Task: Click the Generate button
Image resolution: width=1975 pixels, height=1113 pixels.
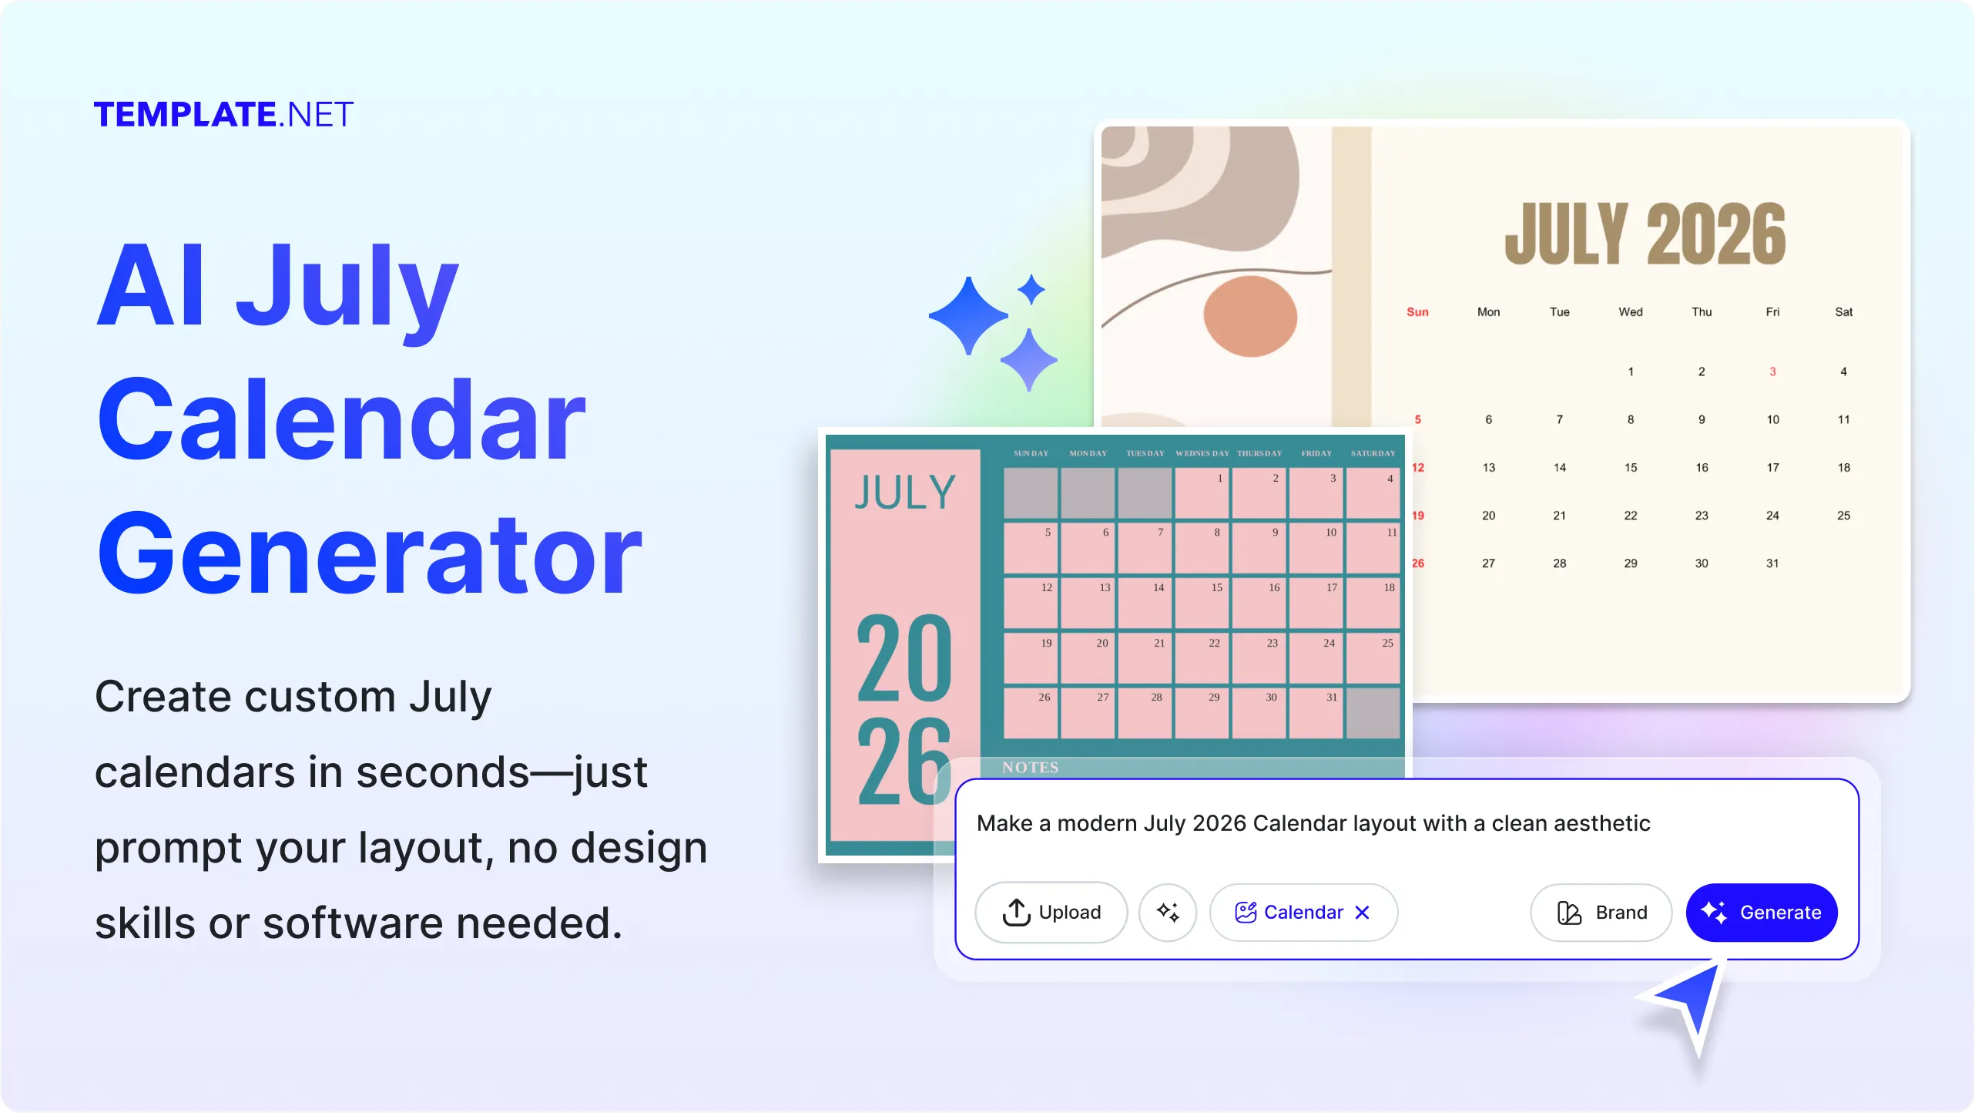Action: coord(1761,912)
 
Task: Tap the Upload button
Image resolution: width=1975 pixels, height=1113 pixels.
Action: coord(1051,912)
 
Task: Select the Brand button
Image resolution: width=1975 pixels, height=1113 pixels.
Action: coord(1601,912)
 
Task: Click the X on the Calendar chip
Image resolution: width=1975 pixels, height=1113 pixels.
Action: coord(1362,912)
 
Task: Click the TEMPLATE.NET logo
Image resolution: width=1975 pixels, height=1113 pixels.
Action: coord(223,114)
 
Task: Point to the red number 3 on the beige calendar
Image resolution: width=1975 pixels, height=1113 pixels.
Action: coord(1772,372)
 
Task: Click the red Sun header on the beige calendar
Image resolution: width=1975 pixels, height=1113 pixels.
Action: coord(1417,311)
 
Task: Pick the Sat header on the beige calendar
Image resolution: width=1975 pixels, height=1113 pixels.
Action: coord(1843,311)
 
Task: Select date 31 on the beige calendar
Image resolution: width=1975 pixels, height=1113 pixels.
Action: coord(1772,563)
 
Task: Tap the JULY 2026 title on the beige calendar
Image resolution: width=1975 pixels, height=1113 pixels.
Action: coord(1645,234)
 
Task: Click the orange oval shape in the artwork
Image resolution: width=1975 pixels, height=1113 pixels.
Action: coord(1249,316)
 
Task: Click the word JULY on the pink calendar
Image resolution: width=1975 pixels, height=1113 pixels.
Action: coord(905,493)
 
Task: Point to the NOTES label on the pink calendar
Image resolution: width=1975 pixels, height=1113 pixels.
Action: coord(1030,767)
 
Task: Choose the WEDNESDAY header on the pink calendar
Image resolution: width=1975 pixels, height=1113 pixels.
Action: coord(1202,453)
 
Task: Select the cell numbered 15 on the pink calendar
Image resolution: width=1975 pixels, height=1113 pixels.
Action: coord(1202,602)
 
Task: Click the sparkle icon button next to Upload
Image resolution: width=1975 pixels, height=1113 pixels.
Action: coord(1168,912)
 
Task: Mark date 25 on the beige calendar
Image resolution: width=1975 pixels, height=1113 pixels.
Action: coord(1843,516)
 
